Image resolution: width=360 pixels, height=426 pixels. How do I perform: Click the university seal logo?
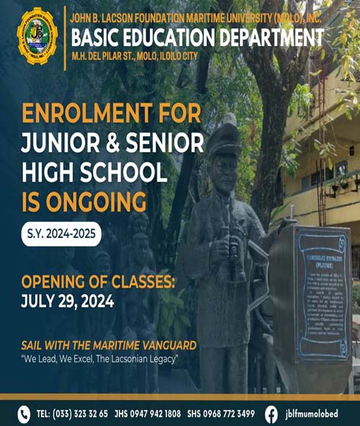pyautogui.click(x=37, y=37)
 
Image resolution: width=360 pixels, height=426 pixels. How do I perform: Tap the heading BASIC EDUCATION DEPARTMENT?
pyautogui.click(x=197, y=37)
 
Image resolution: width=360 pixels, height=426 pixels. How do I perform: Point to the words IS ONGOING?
pyautogui.click(x=85, y=200)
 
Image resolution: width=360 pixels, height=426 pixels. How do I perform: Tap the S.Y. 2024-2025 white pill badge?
pyautogui.click(x=61, y=234)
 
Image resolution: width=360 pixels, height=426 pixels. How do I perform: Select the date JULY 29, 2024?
pyautogui.click(x=68, y=301)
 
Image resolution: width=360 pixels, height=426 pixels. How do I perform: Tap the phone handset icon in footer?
pyautogui.click(x=23, y=414)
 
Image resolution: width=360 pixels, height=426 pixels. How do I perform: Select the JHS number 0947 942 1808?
pyautogui.click(x=155, y=414)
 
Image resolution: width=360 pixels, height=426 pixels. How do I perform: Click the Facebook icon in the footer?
pyautogui.click(x=271, y=414)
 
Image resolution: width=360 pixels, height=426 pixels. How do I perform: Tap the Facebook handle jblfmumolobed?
pyautogui.click(x=315, y=414)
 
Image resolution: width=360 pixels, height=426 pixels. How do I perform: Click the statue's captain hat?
pyautogui.click(x=223, y=137)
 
